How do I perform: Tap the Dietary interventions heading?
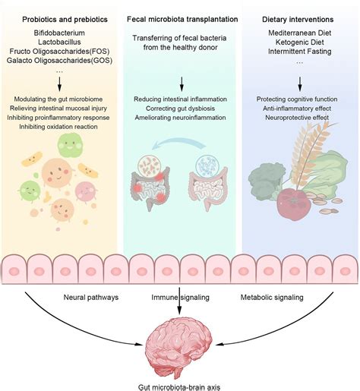[298, 17]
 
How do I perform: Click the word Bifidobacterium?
[60, 34]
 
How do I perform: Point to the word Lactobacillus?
[60, 44]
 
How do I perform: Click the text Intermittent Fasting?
[298, 54]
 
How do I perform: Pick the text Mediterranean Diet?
[298, 34]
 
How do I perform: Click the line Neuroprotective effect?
[298, 120]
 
